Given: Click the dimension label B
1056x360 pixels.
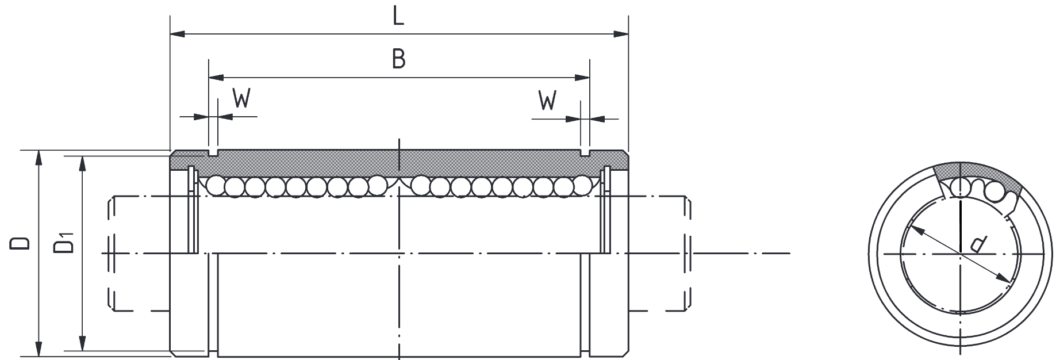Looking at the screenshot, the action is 398,59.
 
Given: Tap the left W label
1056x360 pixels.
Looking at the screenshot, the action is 242,99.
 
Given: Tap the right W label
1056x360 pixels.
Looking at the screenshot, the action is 548,101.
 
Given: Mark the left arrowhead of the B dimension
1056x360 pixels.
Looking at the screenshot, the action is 216,77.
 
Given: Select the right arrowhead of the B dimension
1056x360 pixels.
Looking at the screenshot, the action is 582,77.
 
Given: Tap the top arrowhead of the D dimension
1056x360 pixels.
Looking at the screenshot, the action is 39,158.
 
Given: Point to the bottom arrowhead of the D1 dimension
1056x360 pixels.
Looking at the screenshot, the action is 83,343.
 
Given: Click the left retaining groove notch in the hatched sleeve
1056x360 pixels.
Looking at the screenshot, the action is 213,154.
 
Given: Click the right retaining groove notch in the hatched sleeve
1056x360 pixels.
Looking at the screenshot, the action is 585,154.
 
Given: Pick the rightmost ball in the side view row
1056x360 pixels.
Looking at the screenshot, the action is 582,185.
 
